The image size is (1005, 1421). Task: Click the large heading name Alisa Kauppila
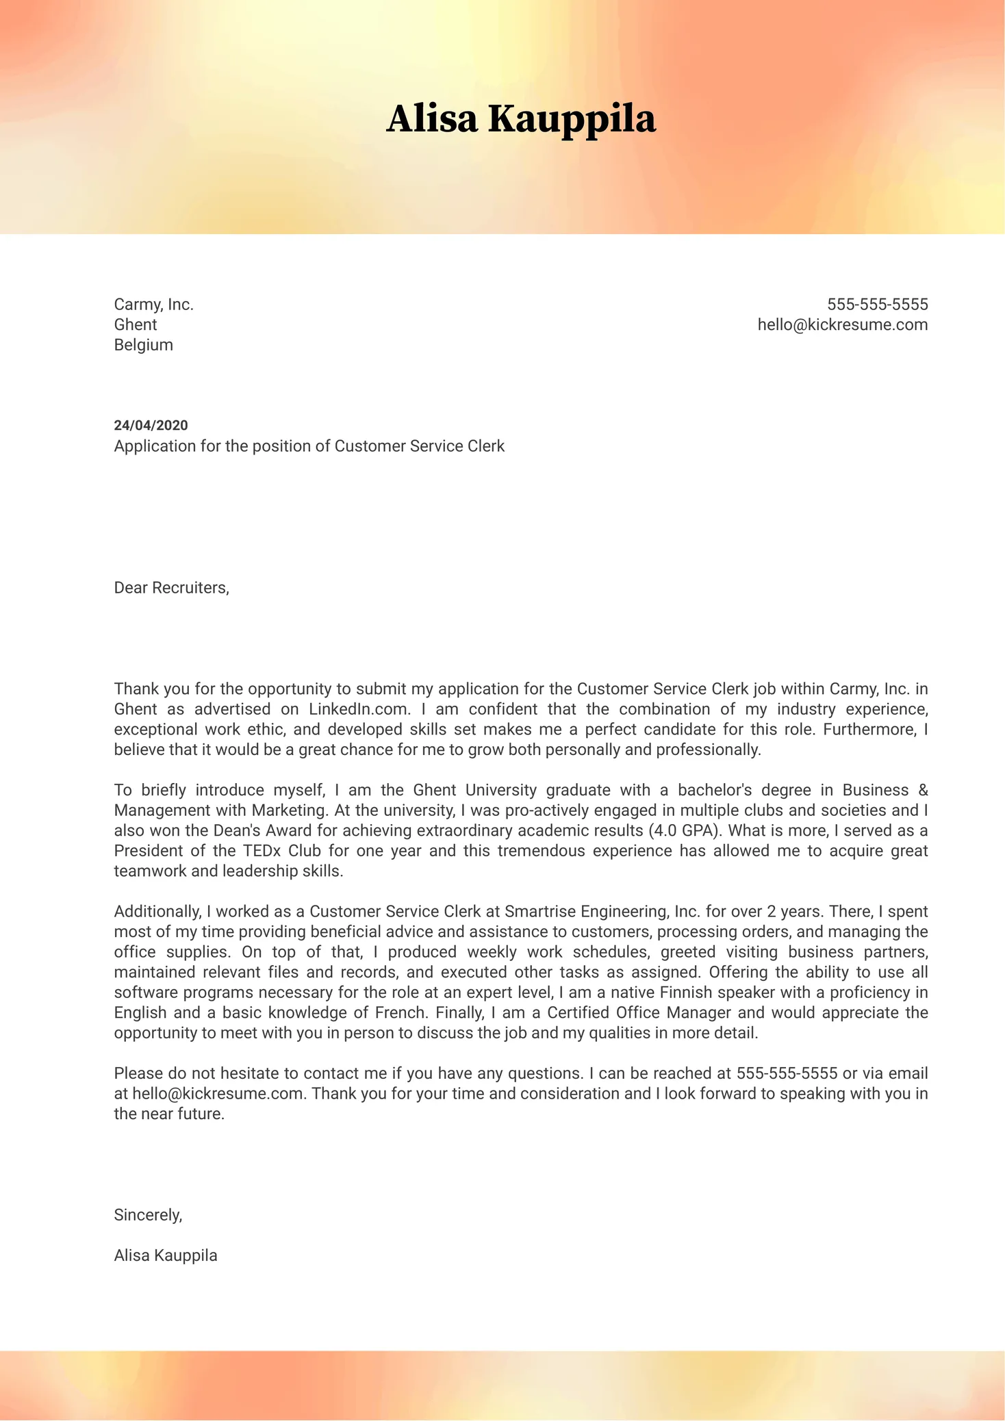521,119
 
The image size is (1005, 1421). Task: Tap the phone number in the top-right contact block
877,305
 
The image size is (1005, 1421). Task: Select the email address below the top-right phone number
842,324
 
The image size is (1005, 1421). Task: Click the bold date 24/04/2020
151,426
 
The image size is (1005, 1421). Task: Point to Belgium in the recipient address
143,345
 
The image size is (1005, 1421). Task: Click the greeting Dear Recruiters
171,588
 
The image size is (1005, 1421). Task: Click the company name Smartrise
540,912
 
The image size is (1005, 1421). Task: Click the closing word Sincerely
148,1215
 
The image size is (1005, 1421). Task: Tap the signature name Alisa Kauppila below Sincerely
166,1255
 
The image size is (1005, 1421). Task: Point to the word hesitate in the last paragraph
257,1073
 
